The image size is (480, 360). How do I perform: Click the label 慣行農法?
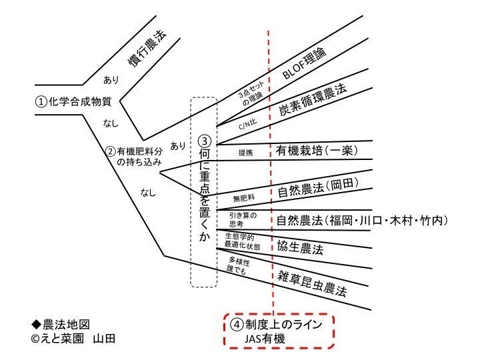[147, 48]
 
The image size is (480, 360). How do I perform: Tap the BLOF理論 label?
[304, 63]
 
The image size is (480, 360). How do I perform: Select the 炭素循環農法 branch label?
[313, 99]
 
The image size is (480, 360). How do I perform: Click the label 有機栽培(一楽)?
[317, 151]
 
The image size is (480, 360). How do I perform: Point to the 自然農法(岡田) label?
[319, 187]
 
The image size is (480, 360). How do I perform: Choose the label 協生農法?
[300, 247]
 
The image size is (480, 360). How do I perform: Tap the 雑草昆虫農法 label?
[312, 284]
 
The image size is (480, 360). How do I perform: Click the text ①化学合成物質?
[73, 101]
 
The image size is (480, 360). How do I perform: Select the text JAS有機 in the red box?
[265, 339]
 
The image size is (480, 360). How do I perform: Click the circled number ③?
[205, 141]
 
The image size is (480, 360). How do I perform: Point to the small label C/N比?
[247, 124]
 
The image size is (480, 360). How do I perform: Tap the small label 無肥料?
[244, 198]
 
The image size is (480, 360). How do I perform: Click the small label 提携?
[246, 153]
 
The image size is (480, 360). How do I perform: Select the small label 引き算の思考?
[243, 219]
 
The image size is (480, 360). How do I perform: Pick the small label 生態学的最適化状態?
[243, 241]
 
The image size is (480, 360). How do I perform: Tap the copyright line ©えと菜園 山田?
[73, 339]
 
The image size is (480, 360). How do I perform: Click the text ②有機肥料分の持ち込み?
[134, 156]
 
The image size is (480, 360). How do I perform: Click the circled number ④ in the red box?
[237, 325]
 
